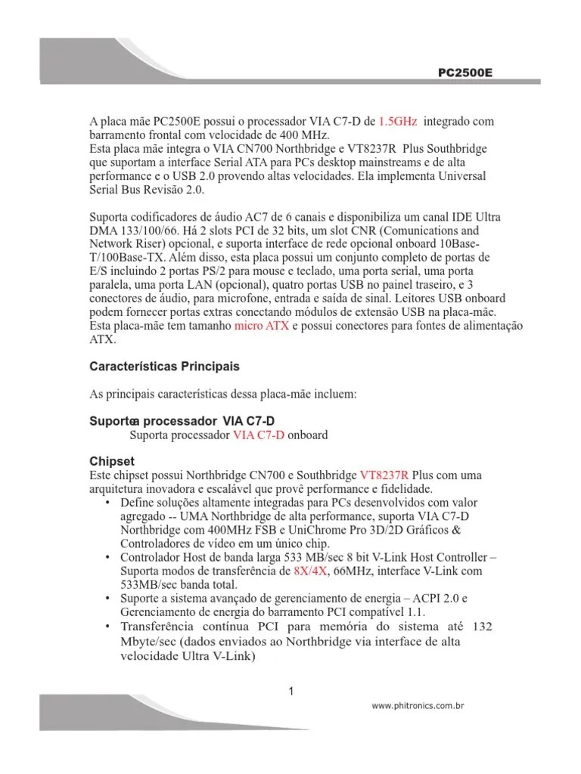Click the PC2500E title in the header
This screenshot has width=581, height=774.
[x=465, y=73]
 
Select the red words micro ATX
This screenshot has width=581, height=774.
[x=262, y=326]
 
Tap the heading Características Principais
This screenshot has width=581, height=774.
[x=164, y=367]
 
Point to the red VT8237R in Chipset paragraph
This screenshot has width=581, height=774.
[x=384, y=475]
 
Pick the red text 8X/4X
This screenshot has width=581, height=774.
[x=310, y=571]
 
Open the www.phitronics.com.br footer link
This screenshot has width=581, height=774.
[x=418, y=705]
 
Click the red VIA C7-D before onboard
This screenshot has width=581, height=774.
[x=259, y=435]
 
